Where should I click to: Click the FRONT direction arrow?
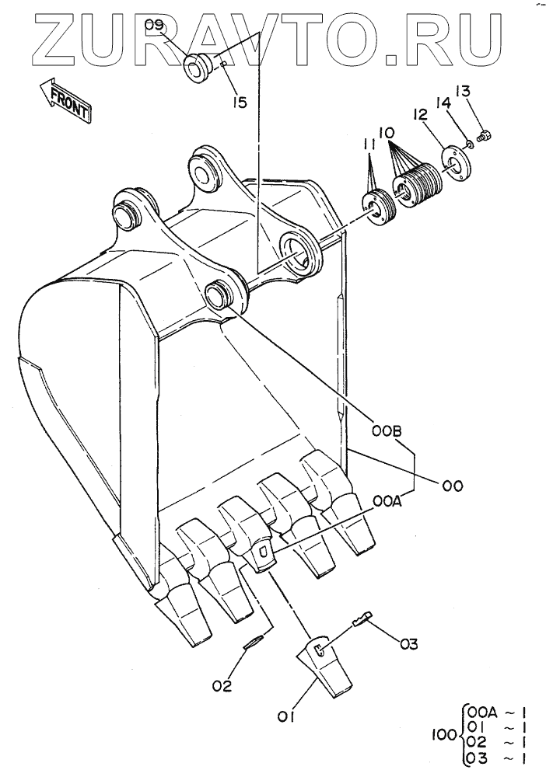click(x=68, y=99)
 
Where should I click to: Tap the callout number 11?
click(x=369, y=145)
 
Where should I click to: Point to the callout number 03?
click(x=409, y=644)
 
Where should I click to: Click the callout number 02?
click(x=223, y=685)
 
